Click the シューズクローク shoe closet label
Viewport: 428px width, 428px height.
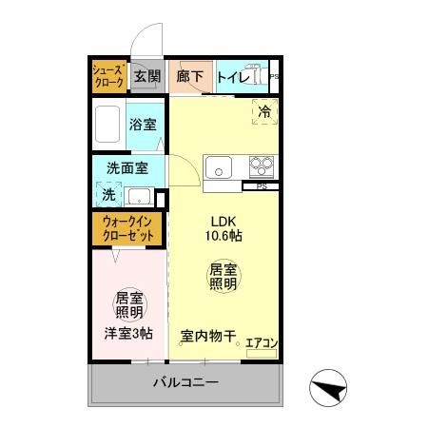[108, 77]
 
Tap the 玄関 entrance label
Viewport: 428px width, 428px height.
[146, 77]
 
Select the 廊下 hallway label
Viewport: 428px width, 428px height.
[189, 77]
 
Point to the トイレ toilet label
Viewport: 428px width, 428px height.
[234, 77]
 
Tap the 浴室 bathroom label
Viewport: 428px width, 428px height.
[144, 124]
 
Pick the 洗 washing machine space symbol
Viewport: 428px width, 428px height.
[108, 194]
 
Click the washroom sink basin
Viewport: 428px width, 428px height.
[140, 198]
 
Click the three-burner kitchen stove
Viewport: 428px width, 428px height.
[261, 165]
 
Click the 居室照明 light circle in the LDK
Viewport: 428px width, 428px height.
[223, 277]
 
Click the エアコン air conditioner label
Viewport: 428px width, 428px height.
[261, 342]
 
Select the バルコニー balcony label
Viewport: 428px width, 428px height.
[186, 383]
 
